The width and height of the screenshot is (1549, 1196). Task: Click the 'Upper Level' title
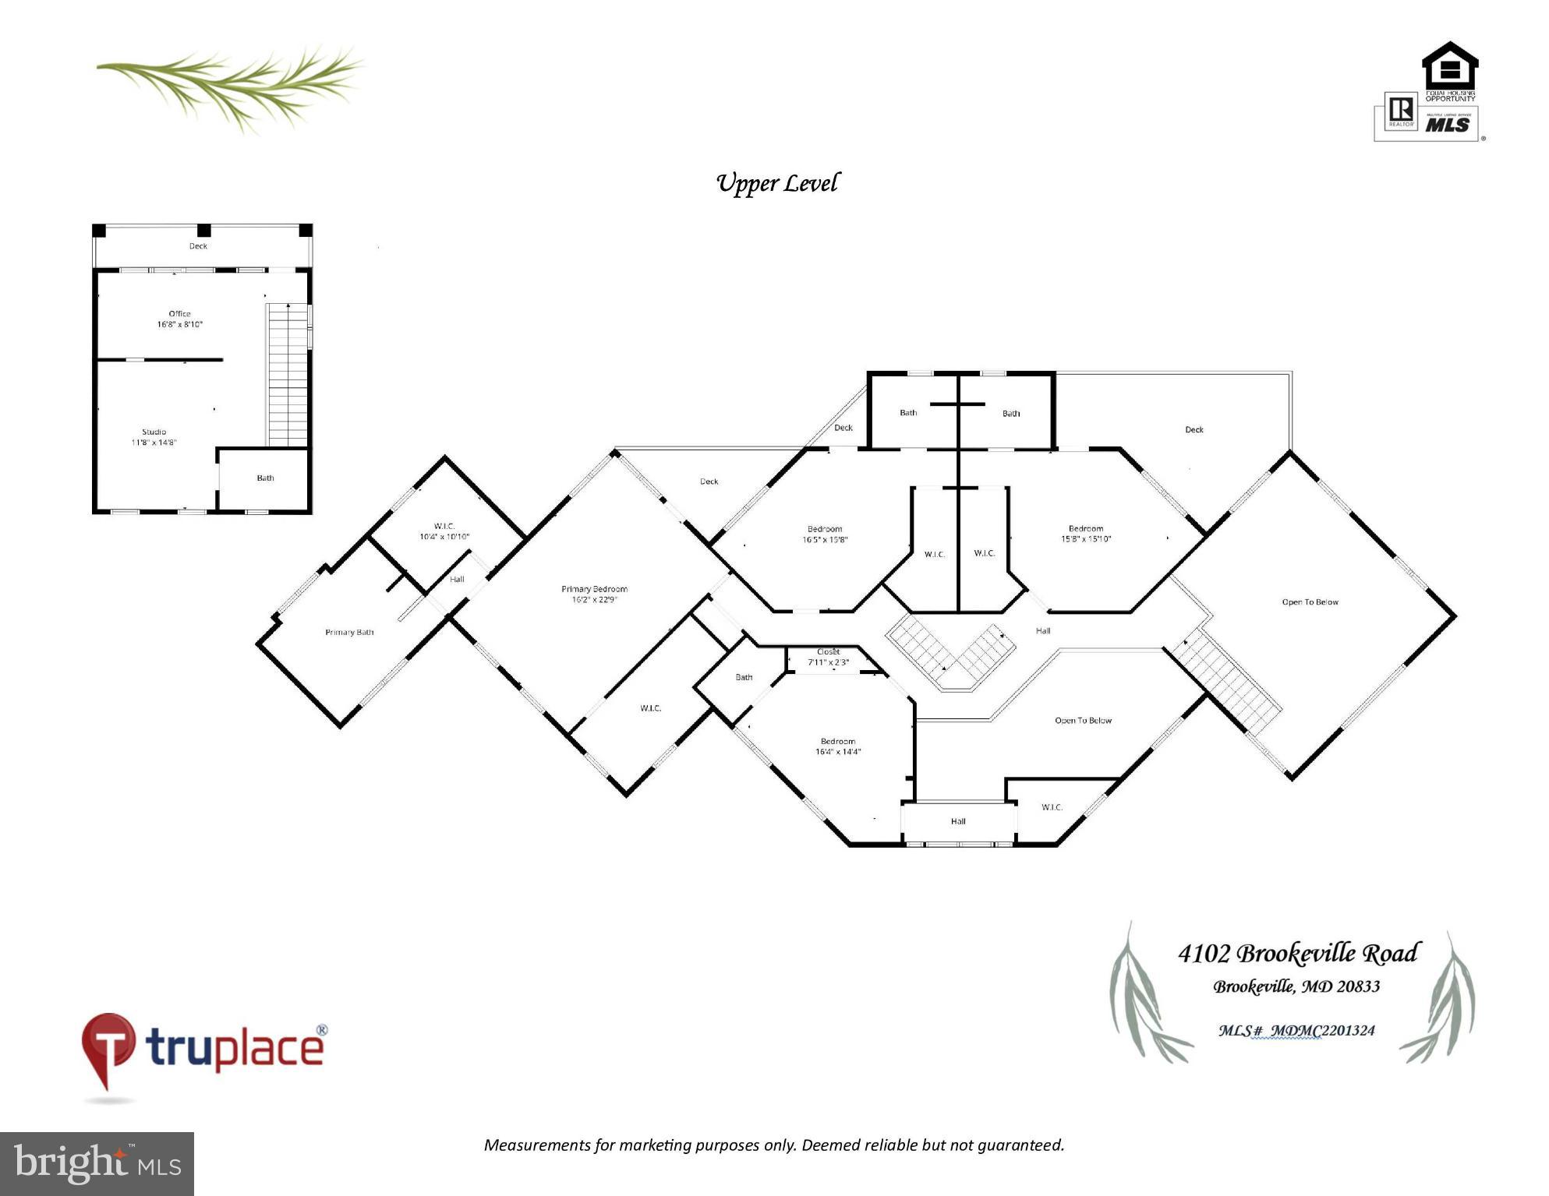pos(777,183)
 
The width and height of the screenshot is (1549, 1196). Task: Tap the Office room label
pos(180,319)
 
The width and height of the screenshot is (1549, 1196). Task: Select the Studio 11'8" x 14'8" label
pos(154,437)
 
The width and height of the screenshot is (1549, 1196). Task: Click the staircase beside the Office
pos(288,374)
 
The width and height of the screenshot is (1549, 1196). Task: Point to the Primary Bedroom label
pos(594,594)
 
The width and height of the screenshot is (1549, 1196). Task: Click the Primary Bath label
pos(349,632)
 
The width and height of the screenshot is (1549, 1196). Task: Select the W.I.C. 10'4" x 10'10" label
pos(444,531)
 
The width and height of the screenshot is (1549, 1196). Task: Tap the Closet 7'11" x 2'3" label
pos(828,657)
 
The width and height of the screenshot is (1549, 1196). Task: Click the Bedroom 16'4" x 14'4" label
pos(838,746)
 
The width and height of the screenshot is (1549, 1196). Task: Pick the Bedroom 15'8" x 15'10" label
pos(1086,534)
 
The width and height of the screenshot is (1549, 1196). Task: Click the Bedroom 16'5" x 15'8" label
pos(825,534)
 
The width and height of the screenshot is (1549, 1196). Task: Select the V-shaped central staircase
pos(951,654)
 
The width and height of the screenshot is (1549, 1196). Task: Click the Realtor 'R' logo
pos(1401,111)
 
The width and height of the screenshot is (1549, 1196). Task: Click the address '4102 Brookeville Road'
pos(1297,954)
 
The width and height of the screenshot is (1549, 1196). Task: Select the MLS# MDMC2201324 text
pos(1296,1030)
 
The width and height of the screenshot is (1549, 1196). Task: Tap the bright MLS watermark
pos(97,1163)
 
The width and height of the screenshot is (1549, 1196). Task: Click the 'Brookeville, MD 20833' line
pos(1296,986)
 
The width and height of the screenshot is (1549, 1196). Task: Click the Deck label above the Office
pos(198,246)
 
